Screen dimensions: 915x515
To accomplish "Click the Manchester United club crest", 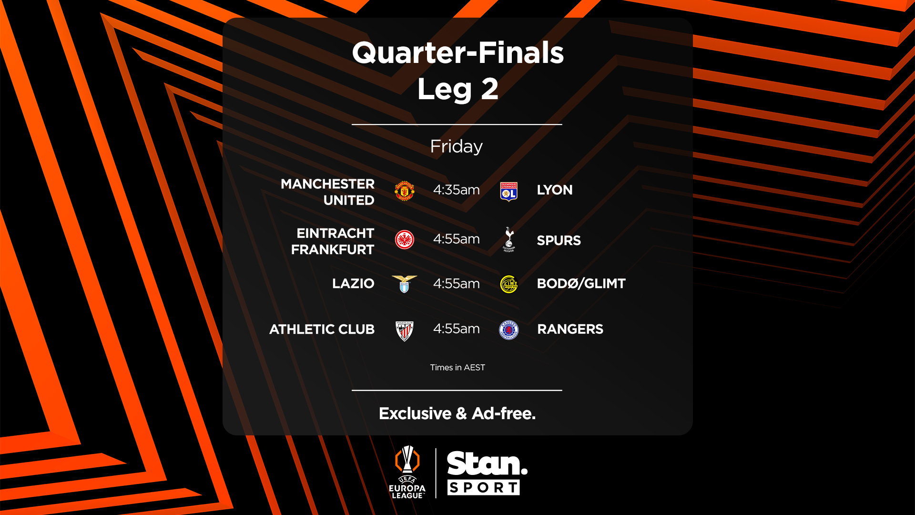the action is pyautogui.click(x=405, y=191).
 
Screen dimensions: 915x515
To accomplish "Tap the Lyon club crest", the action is pyautogui.click(x=509, y=191).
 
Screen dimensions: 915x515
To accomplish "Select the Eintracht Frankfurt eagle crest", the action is pyautogui.click(x=405, y=240).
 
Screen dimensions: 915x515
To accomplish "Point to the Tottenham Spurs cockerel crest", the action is pyautogui.click(x=509, y=239).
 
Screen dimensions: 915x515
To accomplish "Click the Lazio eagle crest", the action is pyautogui.click(x=404, y=284).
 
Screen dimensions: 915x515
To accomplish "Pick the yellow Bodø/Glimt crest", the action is pyautogui.click(x=509, y=284).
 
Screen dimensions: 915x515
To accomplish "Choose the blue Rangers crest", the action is pyautogui.click(x=509, y=330).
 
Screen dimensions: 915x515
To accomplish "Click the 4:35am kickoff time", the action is pyautogui.click(x=456, y=190).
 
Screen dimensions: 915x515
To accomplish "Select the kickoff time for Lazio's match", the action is pyautogui.click(x=456, y=284).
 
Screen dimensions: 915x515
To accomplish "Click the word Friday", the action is pyautogui.click(x=456, y=146).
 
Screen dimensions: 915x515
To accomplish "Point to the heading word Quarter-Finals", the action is pyautogui.click(x=457, y=52).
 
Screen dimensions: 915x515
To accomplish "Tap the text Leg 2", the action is pyautogui.click(x=457, y=89).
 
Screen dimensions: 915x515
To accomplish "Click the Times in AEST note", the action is pyautogui.click(x=457, y=368).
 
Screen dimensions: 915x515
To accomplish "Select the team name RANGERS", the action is pyautogui.click(x=570, y=330).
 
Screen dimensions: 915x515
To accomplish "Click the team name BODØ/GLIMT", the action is pyautogui.click(x=581, y=284).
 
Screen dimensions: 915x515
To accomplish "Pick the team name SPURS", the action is pyautogui.click(x=559, y=240).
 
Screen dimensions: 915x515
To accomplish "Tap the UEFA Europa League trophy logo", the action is pyautogui.click(x=407, y=472).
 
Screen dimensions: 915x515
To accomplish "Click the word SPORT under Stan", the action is pyautogui.click(x=483, y=488).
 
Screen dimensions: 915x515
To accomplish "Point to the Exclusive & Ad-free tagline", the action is pyautogui.click(x=457, y=413).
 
